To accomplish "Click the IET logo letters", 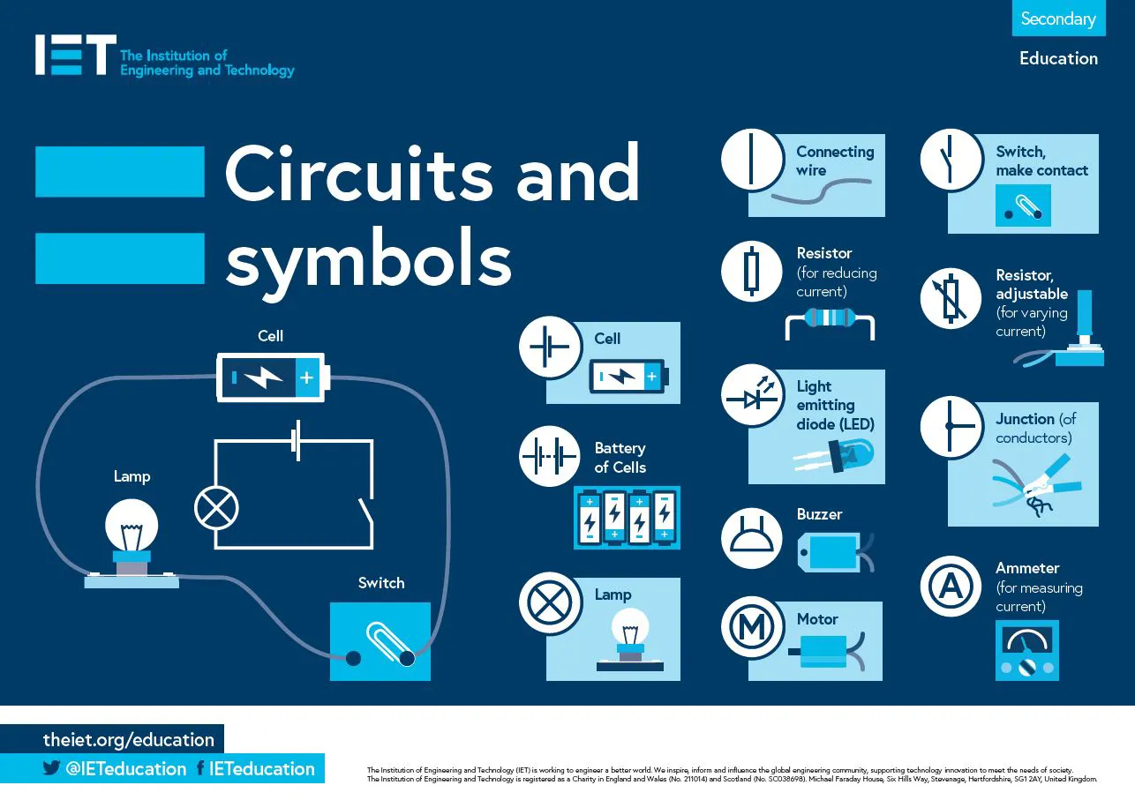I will point(75,55).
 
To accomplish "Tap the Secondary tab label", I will point(1057,19).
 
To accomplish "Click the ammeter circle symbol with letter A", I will point(951,586).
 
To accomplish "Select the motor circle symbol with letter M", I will point(752,626).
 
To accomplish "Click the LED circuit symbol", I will point(752,398).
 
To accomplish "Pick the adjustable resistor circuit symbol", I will point(951,298).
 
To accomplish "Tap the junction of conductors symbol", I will point(951,427).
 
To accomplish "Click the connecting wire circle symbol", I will point(752,161).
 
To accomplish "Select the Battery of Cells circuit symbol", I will point(550,457).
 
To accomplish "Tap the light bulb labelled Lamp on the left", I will point(132,527).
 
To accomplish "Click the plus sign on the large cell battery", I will point(306,378).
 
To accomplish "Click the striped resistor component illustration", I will point(830,319).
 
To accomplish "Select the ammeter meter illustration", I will point(1026,650).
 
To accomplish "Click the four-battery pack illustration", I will point(627,517).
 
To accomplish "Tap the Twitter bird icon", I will point(52,768).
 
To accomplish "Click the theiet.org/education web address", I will point(129,740).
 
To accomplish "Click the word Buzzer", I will point(819,514).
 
